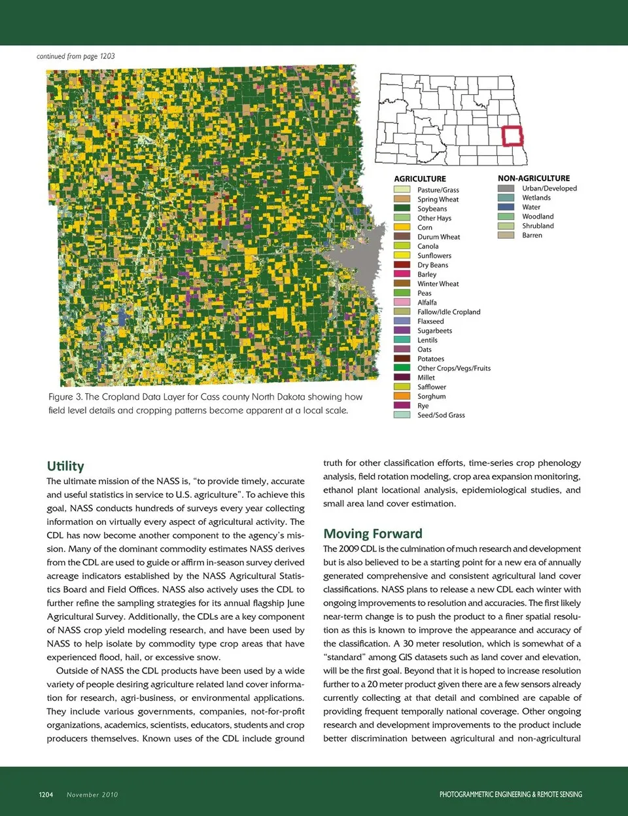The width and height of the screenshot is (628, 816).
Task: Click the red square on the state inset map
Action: (512, 136)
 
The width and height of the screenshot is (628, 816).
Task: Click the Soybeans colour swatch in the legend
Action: (402, 209)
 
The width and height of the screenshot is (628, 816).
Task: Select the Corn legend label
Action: (425, 228)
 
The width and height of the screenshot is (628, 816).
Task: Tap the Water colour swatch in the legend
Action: (506, 207)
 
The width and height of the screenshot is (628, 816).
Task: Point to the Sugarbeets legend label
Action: (434, 331)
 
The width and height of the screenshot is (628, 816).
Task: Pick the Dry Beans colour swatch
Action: (402, 265)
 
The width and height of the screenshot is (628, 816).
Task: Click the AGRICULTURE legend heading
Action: (420, 179)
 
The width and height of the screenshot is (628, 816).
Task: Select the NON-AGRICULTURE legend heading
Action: (533, 178)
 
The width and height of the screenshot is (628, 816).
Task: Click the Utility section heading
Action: (65, 466)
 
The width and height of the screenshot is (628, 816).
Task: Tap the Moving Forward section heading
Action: (373, 533)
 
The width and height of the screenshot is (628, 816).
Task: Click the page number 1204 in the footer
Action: (46, 794)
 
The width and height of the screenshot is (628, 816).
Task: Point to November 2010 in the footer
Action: (92, 794)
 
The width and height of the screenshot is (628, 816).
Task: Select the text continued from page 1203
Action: (76, 56)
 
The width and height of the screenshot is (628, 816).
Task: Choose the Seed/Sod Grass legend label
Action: (441, 416)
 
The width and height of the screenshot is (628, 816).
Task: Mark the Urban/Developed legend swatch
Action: (506, 188)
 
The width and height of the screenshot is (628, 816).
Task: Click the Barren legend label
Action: (532, 236)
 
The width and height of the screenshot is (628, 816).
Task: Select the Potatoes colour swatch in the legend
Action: (402, 359)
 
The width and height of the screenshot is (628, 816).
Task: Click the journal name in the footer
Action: (510, 794)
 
